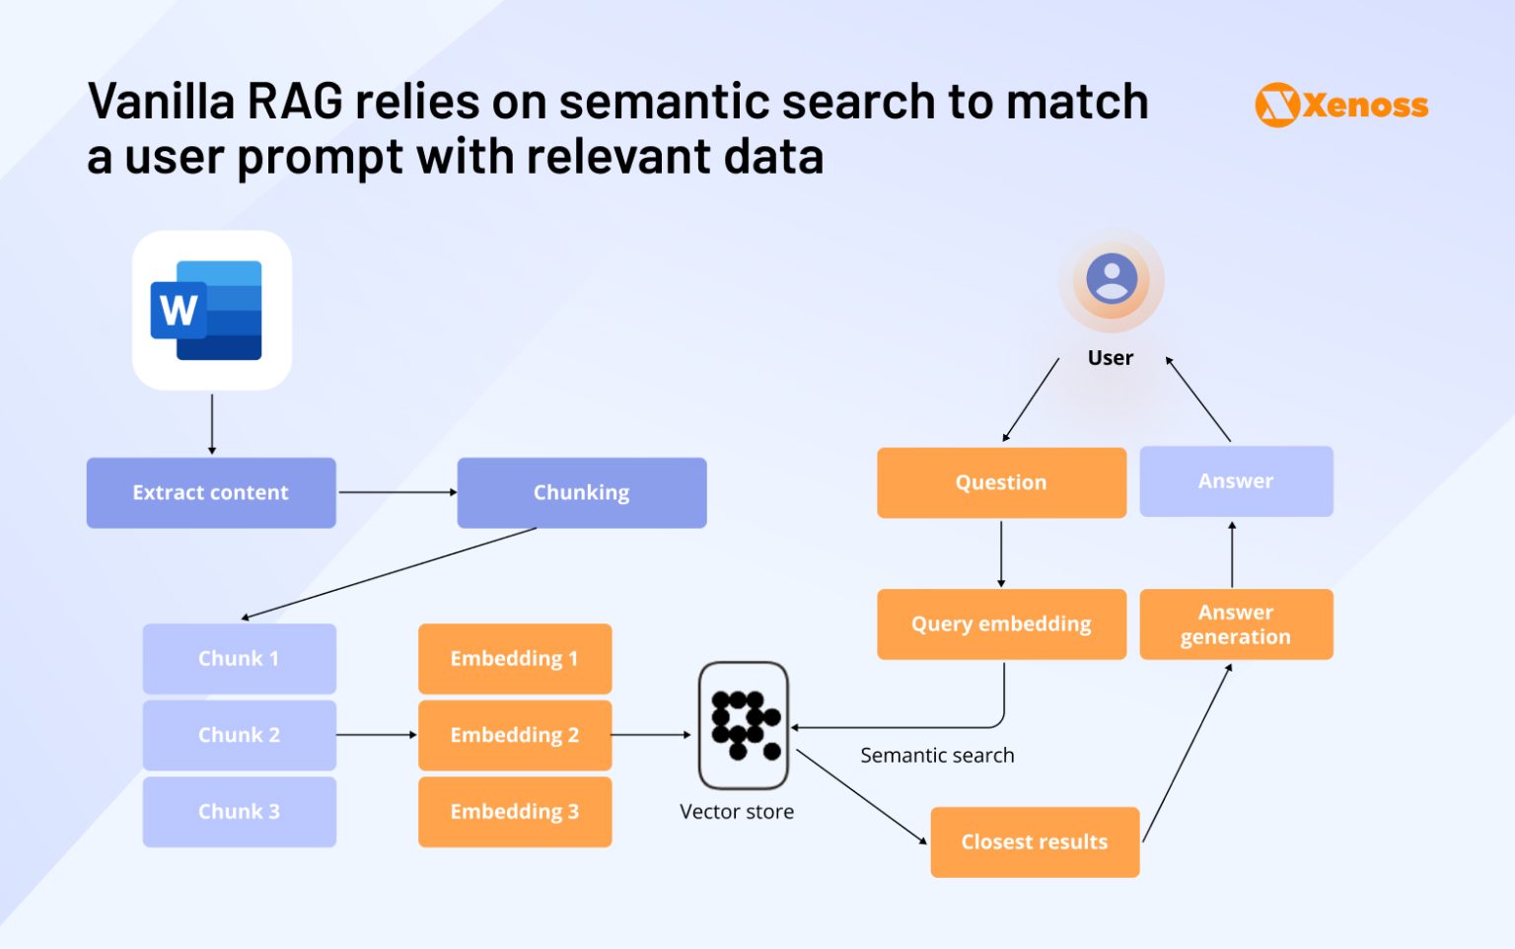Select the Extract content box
[x=211, y=492]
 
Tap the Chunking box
[x=582, y=492]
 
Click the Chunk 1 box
[x=239, y=658]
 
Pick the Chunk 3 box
[x=239, y=811]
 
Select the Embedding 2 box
[x=514, y=735]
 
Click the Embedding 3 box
[x=514, y=811]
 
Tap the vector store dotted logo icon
[x=744, y=725]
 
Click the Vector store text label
[x=737, y=812]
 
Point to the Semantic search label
[x=937, y=756]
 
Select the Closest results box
[x=1035, y=841]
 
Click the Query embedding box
[x=1001, y=623]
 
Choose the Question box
[x=1001, y=482]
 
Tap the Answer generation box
[x=1236, y=623]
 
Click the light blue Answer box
[x=1236, y=481]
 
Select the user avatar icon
[x=1112, y=279]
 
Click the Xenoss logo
[x=1341, y=105]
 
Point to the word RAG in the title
[x=294, y=102]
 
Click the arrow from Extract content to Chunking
[x=397, y=492]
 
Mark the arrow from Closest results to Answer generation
[x=1188, y=753]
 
